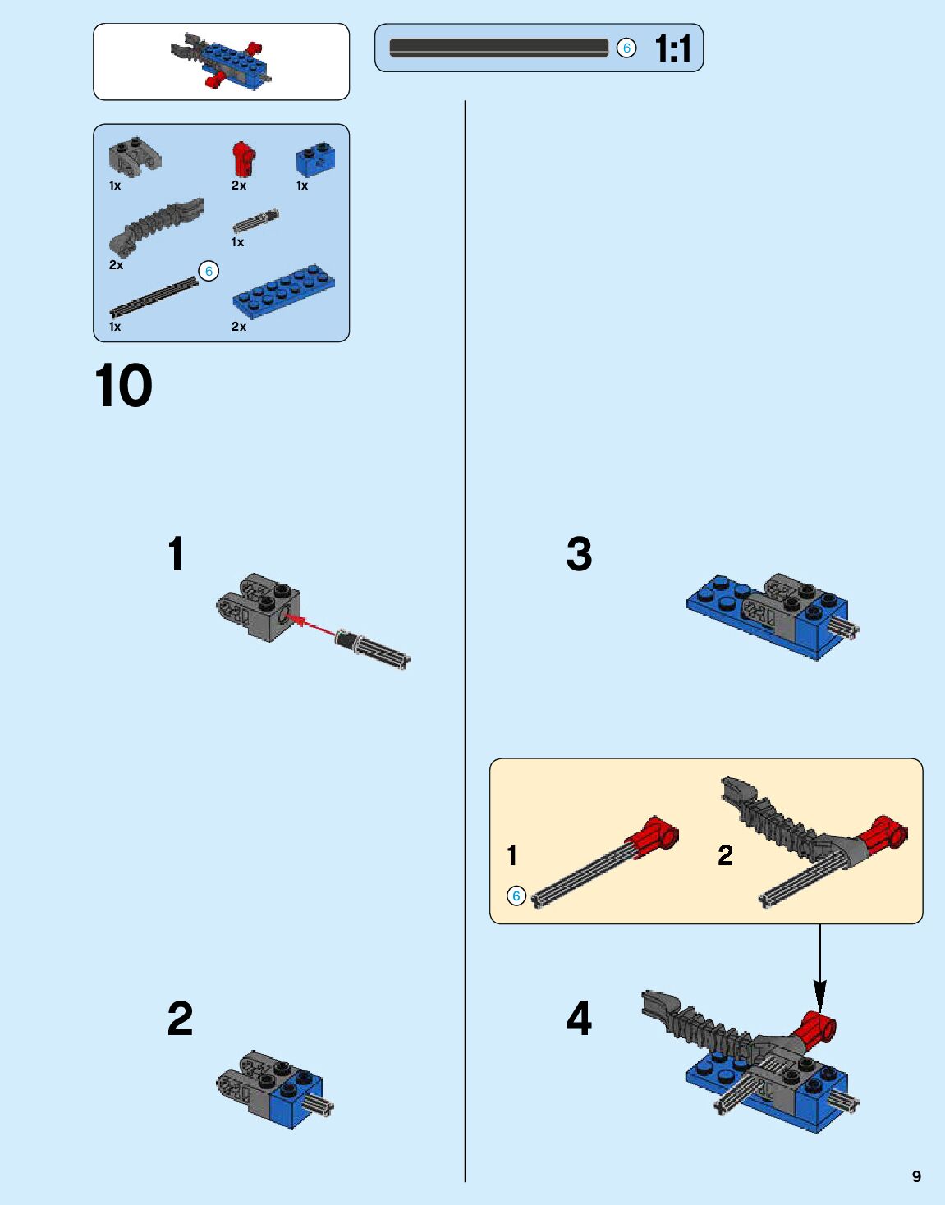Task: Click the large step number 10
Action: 123,386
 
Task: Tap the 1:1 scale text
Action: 672,48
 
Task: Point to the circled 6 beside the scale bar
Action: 626,48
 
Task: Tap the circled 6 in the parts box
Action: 209,271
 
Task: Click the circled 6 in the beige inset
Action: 516,896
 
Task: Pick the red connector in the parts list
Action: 244,159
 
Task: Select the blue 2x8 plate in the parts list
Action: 283,292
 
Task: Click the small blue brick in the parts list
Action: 315,160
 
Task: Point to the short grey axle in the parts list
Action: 255,221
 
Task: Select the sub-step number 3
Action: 579,554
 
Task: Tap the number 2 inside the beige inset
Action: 726,854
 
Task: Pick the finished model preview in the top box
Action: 222,61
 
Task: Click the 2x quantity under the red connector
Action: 239,186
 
